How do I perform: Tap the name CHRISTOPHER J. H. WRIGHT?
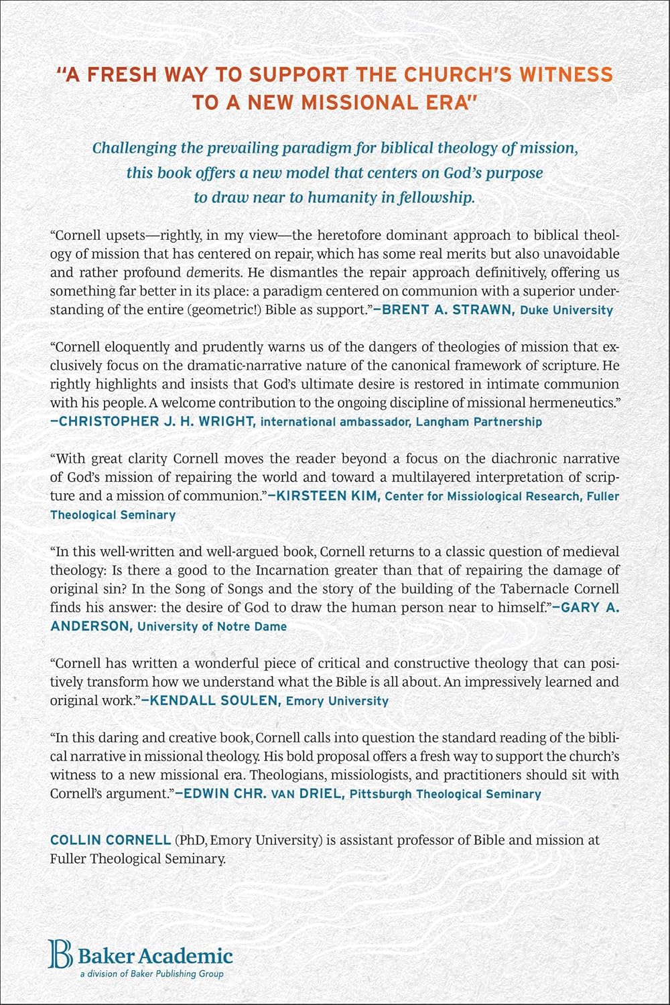tap(153, 421)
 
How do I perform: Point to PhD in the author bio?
tap(192, 840)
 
